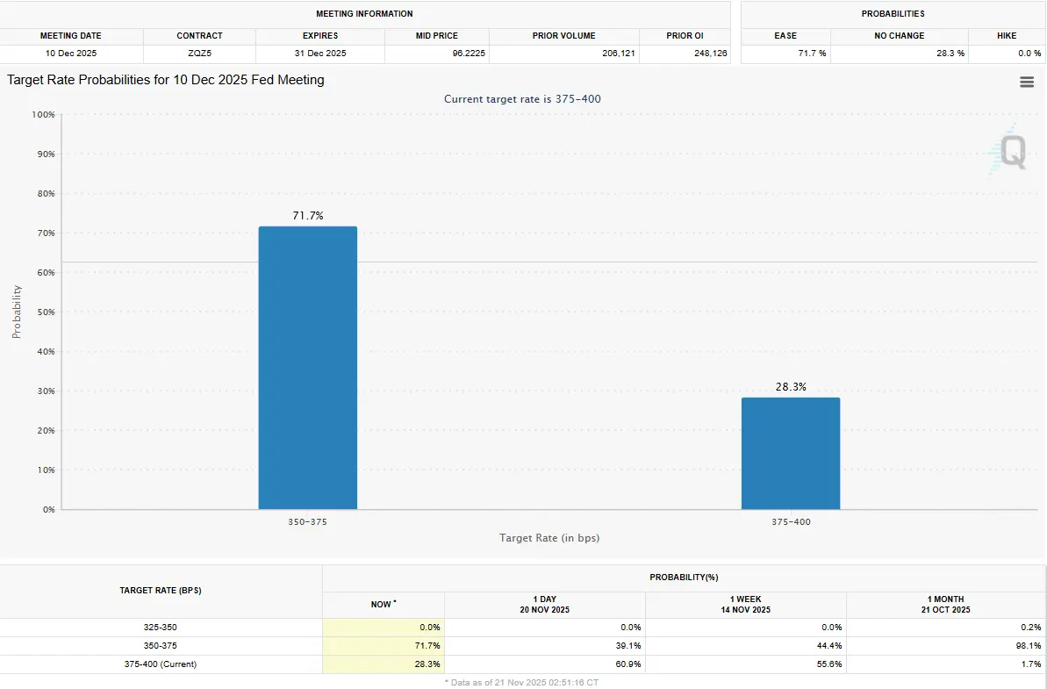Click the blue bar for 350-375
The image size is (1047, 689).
click(307, 369)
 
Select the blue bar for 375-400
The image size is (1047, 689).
click(790, 454)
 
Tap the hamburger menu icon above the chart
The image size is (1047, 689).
click(1026, 82)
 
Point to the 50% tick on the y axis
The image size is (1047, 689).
click(44, 312)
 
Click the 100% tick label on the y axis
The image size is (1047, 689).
click(42, 115)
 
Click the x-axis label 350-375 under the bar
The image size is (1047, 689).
click(307, 521)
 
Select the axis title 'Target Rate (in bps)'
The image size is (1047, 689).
click(549, 537)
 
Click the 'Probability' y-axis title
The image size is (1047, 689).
click(17, 312)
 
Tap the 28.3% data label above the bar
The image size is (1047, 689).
click(790, 386)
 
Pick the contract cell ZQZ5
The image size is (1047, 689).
click(199, 54)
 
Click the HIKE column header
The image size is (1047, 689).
click(1007, 36)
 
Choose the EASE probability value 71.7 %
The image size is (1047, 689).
click(811, 54)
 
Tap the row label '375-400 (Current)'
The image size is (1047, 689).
click(161, 664)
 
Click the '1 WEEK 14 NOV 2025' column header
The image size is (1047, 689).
click(745, 604)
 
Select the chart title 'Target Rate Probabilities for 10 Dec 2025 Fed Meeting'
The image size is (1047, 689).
click(166, 80)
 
